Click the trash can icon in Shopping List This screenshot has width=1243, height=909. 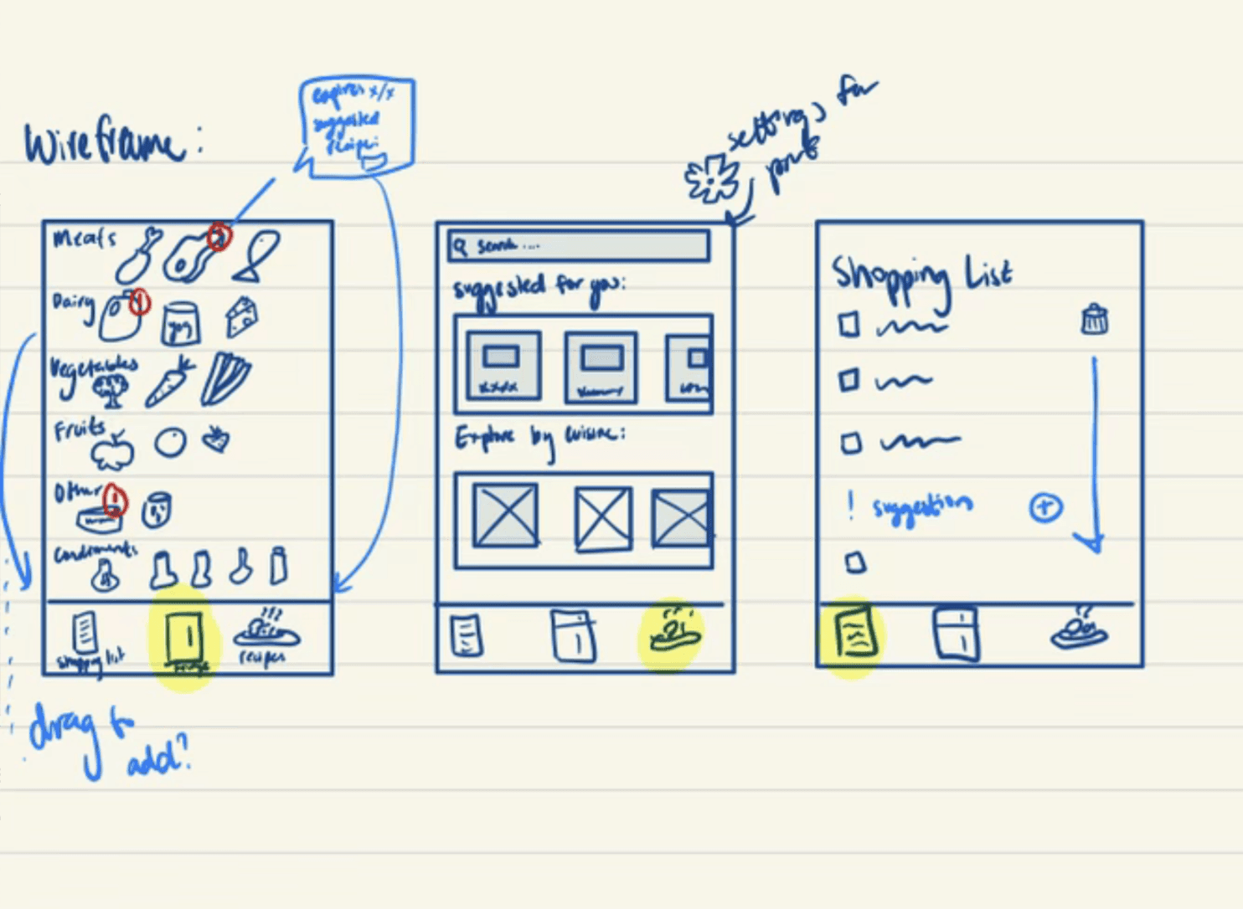(1094, 320)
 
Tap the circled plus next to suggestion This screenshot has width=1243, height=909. (1045, 507)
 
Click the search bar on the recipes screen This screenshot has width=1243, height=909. (579, 246)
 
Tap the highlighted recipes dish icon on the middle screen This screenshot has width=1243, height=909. (672, 633)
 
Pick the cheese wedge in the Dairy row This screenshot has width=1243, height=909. (241, 316)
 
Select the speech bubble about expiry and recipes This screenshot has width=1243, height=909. (355, 126)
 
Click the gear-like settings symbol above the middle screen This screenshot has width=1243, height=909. (712, 178)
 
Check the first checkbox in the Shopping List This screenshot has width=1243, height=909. (849, 325)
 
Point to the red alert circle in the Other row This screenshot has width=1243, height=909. (115, 501)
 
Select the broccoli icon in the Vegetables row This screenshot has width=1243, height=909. (111, 389)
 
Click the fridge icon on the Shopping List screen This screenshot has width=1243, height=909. (956, 633)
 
